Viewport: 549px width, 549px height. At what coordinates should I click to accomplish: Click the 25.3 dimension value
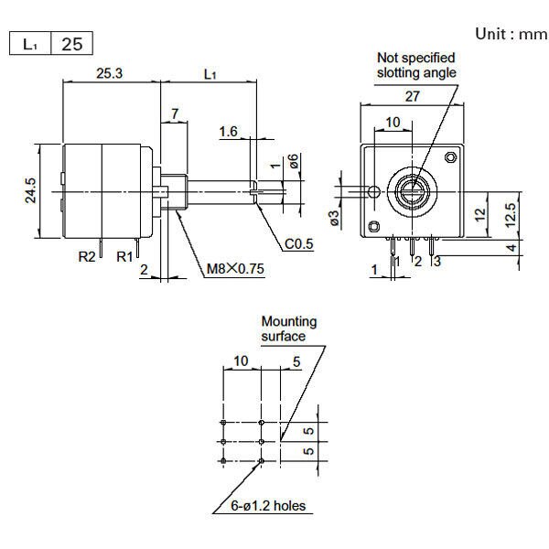109,72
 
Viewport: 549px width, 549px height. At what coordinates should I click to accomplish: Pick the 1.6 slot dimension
228,132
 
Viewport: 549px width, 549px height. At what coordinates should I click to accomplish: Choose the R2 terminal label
87,257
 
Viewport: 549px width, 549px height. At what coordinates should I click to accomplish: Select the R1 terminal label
124,257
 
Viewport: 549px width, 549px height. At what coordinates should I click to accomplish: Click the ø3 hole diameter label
335,219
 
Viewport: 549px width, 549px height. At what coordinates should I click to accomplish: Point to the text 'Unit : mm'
510,34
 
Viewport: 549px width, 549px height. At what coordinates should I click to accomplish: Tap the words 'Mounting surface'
288,328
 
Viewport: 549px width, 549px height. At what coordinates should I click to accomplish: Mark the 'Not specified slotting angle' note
415,65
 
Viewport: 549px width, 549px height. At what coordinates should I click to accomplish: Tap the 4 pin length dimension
511,247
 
